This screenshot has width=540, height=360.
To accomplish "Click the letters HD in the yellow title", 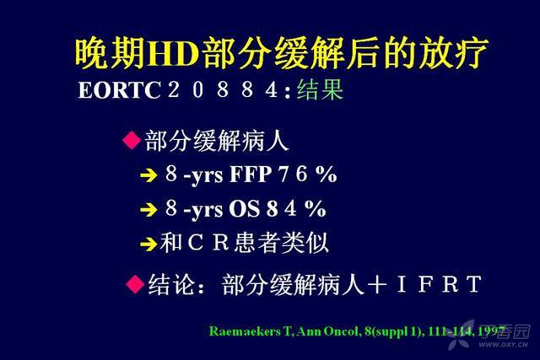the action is point(173,54).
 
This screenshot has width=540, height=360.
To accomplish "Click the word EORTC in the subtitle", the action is point(119,90).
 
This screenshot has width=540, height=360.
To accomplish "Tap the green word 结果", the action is point(320,89).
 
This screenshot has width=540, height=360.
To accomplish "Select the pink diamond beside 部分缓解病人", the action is point(132,141).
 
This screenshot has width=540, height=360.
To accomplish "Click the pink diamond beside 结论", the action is point(135,284).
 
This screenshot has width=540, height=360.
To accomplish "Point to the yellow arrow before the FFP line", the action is point(149,175).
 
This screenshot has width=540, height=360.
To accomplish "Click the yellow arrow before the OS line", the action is point(149,210).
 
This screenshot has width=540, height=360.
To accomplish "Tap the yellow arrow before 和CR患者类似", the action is point(149,244).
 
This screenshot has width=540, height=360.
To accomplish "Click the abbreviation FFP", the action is point(251,175).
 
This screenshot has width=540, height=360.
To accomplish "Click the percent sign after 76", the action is point(327,175).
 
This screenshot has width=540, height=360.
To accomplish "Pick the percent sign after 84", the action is point(315,208).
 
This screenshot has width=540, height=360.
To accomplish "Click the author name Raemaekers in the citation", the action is point(245,331).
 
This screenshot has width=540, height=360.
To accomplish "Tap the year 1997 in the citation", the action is point(491,331).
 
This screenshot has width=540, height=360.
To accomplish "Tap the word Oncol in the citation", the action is point(340,331).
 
